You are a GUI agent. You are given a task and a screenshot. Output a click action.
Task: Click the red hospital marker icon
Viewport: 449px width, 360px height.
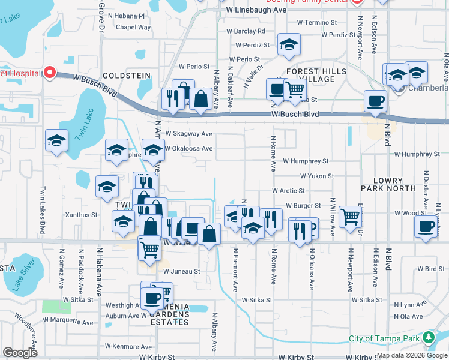tap(49, 73)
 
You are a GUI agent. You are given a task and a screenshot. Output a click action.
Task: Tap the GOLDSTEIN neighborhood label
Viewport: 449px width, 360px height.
tap(127, 76)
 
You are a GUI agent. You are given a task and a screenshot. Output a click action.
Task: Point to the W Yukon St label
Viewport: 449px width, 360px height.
tap(317, 176)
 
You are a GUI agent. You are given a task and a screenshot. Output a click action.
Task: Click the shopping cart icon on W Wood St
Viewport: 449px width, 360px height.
tap(351, 216)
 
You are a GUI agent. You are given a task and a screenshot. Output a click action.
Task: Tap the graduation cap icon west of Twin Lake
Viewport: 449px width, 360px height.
tap(57, 141)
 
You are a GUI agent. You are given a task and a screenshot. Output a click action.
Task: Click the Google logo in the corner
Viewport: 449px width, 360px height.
tap(20, 353)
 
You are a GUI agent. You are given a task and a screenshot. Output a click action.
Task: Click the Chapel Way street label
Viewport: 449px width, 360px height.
tap(133, 28)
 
